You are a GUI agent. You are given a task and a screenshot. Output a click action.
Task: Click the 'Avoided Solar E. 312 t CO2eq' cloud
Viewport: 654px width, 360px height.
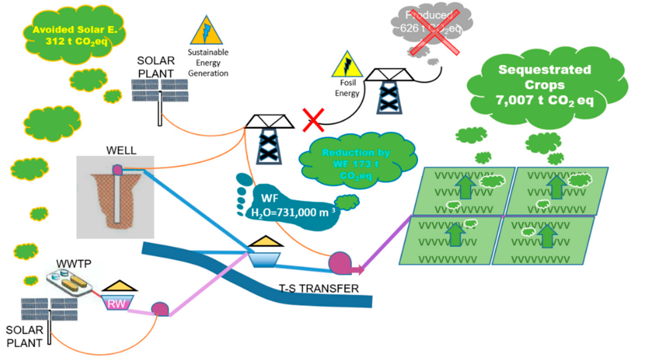click(x=75, y=35)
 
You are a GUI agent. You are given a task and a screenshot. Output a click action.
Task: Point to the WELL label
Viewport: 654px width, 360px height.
click(x=121, y=150)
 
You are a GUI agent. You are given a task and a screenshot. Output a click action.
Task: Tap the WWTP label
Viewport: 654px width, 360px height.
click(x=74, y=264)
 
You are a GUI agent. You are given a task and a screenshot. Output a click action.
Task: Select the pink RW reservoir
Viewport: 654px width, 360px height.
click(x=117, y=303)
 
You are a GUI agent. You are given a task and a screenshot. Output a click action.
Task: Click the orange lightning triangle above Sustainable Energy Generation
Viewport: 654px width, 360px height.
click(x=206, y=31)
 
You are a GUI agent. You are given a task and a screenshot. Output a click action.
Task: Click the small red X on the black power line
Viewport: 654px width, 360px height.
click(x=313, y=120)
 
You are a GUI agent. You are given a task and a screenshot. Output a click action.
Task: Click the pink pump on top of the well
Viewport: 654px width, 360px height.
click(x=118, y=170)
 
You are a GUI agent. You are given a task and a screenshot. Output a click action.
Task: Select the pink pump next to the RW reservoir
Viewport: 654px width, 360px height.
click(x=160, y=309)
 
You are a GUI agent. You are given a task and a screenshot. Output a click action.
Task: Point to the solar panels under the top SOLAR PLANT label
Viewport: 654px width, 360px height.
click(x=160, y=91)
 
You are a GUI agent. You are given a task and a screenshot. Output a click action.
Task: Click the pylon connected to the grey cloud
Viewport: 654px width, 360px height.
click(x=389, y=91)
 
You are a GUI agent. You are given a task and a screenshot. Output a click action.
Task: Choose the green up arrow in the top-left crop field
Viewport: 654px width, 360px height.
click(x=466, y=187)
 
